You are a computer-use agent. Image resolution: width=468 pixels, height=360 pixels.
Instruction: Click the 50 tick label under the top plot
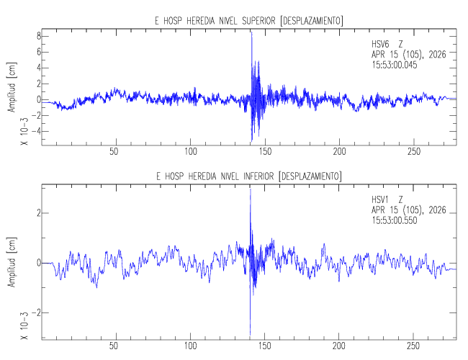click(114, 151)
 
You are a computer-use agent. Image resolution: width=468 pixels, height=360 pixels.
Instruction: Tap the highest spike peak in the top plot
click(251, 33)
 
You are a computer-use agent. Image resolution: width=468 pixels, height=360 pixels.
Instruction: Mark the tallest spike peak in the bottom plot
click(250, 189)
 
